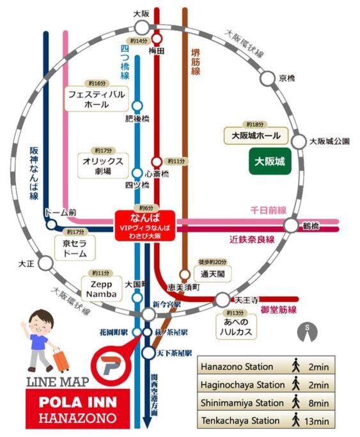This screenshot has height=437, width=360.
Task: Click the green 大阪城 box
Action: [x=269, y=163]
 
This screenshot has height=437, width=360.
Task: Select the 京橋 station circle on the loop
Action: [x=268, y=79]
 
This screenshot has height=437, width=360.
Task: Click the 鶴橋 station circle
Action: [x=292, y=225]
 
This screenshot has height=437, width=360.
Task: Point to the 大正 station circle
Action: [x=45, y=263]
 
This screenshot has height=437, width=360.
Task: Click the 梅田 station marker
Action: [x=156, y=38]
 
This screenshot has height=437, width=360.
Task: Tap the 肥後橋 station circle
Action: [x=137, y=106]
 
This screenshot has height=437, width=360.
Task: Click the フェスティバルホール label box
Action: [x=97, y=100]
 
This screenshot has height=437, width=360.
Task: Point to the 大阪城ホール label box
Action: [x=256, y=136]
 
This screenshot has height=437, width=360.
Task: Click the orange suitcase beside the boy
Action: [x=61, y=360]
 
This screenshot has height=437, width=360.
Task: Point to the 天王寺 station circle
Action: [x=221, y=299]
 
